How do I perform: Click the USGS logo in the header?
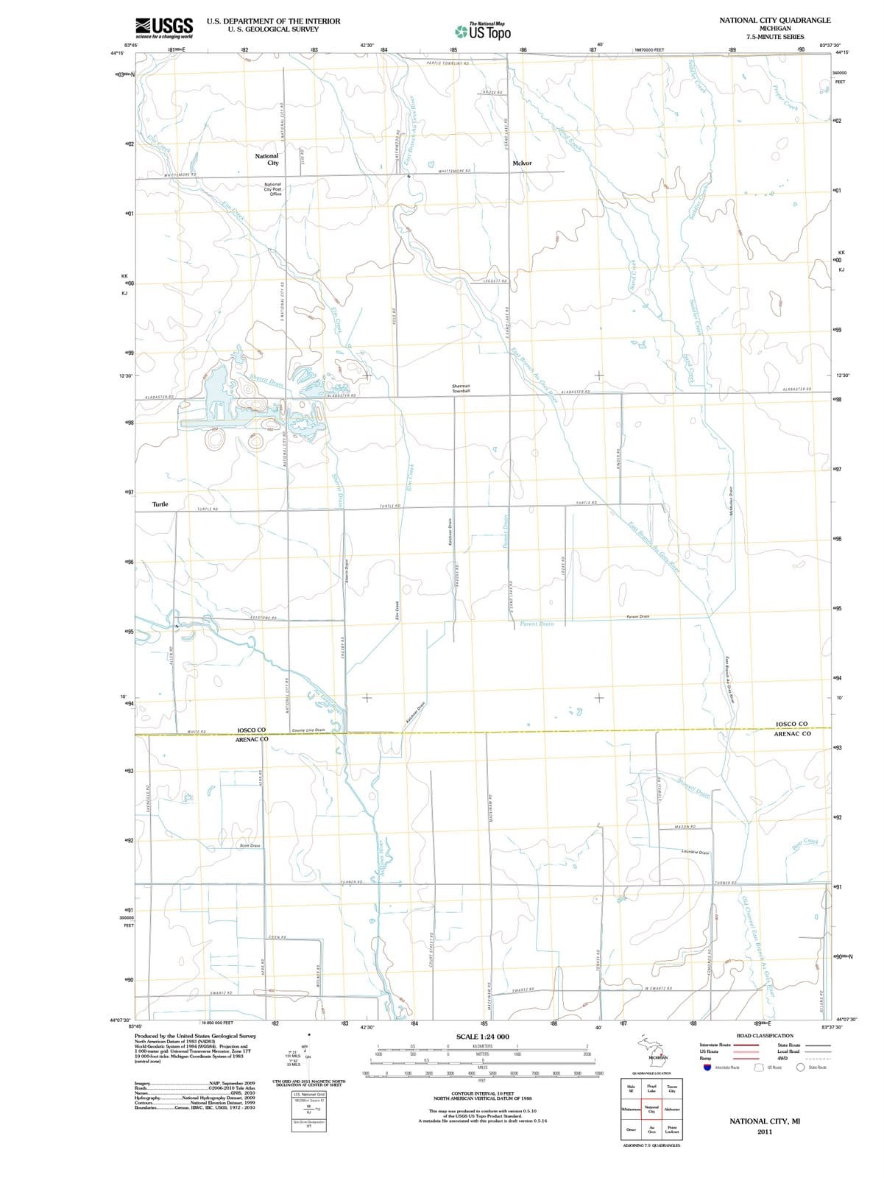pos(165,27)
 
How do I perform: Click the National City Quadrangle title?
pos(775,21)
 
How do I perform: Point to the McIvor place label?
pos(522,163)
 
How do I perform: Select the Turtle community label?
pos(160,504)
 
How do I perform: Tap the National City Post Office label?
pos(272,188)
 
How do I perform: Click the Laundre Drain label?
pos(696,853)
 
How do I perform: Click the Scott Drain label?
pos(250,846)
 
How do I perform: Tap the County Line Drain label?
pos(308,730)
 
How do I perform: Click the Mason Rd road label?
pos(685,827)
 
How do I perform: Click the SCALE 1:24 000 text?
pos(482,1037)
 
